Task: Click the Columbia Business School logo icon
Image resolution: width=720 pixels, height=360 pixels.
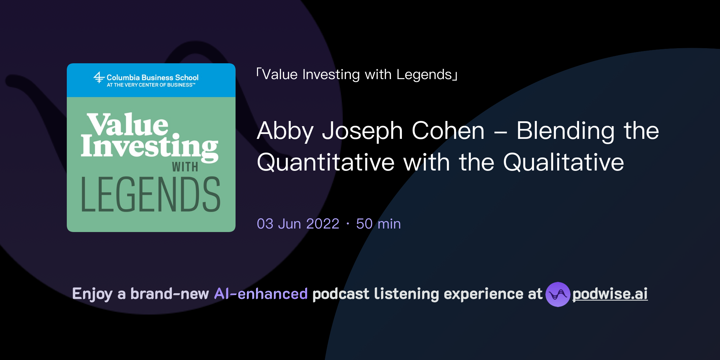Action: click(x=99, y=78)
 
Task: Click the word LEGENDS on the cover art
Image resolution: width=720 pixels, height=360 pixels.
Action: click(x=150, y=195)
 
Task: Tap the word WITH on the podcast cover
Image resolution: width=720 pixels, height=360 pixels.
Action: click(x=185, y=167)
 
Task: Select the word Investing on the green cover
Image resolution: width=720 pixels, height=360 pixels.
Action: click(x=149, y=147)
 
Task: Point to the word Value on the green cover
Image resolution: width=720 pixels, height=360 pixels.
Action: click(x=128, y=124)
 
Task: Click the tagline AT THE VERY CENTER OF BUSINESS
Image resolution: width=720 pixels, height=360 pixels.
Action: click(x=150, y=85)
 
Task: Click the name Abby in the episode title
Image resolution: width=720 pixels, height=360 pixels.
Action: click(x=285, y=131)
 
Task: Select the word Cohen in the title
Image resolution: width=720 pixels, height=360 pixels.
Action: click(x=448, y=131)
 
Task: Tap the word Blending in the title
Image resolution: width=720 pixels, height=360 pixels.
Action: click(x=565, y=131)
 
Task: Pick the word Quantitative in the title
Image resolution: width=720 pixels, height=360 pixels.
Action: click(x=326, y=163)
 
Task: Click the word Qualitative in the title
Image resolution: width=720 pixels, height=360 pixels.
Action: click(x=564, y=163)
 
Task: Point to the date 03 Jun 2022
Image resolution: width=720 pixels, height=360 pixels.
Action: click(x=298, y=224)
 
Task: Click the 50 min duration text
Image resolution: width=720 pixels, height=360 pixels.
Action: click(x=378, y=224)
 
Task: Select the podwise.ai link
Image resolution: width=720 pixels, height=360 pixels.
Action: click(x=610, y=294)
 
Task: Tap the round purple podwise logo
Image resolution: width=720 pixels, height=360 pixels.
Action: click(x=558, y=294)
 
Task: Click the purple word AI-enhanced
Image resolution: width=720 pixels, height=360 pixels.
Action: click(x=261, y=294)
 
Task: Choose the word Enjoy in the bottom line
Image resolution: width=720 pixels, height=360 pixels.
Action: click(x=92, y=294)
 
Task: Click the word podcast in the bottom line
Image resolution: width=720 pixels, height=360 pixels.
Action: click(x=341, y=294)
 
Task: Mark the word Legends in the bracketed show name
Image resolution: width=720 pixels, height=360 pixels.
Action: click(x=424, y=75)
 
